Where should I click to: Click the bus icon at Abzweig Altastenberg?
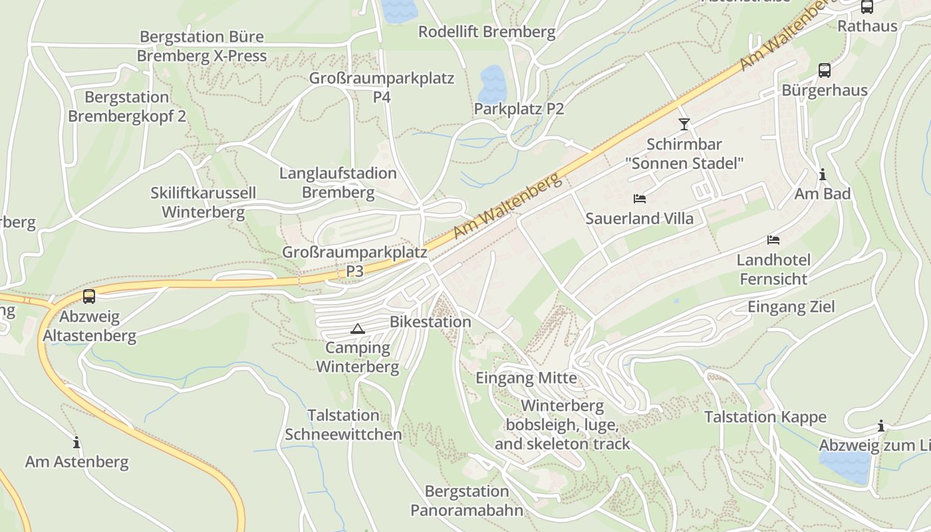89,297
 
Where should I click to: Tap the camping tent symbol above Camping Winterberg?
358,328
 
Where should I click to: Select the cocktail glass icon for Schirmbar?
684,124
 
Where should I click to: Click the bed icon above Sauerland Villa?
640,198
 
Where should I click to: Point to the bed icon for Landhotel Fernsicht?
773,239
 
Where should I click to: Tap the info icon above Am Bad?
823,174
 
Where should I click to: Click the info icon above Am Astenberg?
76,442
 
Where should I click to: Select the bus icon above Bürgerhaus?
824,70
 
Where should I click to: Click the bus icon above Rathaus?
866,7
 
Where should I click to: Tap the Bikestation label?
430,322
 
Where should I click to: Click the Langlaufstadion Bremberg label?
338,183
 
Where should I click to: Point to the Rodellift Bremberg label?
487,31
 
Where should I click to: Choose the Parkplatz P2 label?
519,108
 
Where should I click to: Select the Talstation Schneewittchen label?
343,425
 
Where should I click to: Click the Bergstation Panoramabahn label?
467,501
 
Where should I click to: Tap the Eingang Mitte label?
526,378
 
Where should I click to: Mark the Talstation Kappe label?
765,417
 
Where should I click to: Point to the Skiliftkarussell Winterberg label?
203,203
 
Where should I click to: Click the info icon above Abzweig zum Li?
881,426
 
